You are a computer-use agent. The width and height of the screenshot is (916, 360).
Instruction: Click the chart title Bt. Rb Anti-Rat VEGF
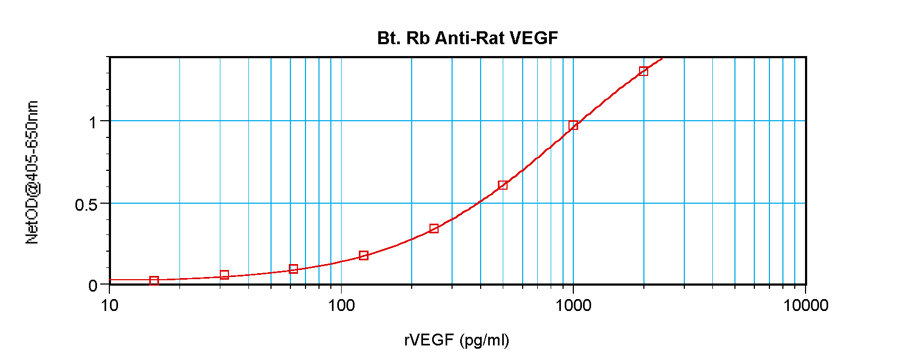click(x=467, y=38)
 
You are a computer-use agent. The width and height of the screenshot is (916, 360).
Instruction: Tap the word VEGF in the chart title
click(x=533, y=38)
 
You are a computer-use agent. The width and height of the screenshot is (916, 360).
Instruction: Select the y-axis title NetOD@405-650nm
click(x=32, y=172)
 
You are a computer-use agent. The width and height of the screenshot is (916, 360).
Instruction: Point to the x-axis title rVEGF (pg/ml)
click(x=456, y=340)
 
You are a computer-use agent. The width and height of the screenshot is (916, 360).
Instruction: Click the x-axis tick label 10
click(x=109, y=306)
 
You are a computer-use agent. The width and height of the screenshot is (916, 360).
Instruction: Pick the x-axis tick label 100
click(x=341, y=306)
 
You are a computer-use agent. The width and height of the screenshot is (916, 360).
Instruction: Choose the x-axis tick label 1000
click(x=573, y=306)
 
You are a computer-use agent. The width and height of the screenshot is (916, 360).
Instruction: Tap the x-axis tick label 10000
click(x=806, y=306)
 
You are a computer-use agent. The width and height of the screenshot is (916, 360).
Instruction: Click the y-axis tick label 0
click(x=93, y=285)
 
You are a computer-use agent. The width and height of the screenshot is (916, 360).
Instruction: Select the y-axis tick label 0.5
click(x=86, y=205)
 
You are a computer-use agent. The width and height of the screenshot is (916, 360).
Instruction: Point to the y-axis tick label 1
click(x=93, y=122)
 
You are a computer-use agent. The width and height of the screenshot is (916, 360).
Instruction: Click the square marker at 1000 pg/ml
click(x=573, y=125)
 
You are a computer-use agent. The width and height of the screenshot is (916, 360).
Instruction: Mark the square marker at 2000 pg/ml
click(x=643, y=71)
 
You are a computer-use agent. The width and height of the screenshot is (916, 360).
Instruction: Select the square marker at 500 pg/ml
click(x=503, y=185)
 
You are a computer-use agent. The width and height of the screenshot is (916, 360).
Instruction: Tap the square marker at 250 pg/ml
click(x=434, y=229)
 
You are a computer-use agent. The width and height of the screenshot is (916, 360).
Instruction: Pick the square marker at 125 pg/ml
click(x=364, y=255)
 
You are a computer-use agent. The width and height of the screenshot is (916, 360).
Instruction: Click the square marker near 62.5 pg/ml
click(x=294, y=269)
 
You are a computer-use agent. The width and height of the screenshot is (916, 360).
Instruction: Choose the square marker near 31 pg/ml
click(x=225, y=275)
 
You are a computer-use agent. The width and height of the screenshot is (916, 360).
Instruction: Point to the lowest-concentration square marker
click(x=154, y=280)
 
